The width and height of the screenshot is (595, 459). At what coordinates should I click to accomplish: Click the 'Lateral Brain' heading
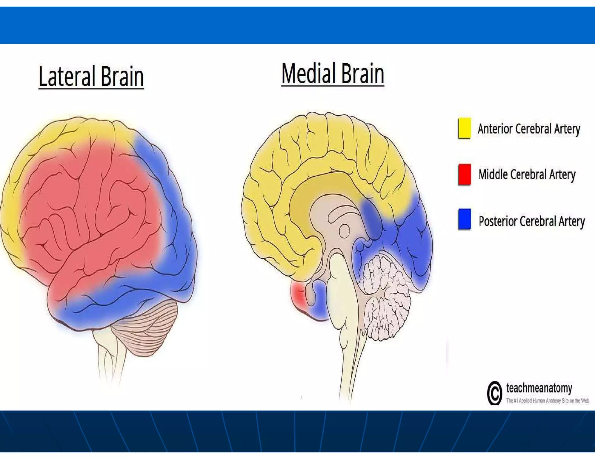pos(91,76)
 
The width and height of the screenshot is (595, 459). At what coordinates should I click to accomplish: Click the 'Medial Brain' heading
pos(333,74)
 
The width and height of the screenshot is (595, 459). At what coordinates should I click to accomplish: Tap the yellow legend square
pos(464,128)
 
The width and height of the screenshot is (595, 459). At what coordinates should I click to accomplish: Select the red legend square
pos(464,174)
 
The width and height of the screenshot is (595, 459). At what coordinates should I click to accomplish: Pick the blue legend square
pos(464,219)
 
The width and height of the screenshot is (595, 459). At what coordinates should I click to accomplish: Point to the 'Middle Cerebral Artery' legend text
pos(527,175)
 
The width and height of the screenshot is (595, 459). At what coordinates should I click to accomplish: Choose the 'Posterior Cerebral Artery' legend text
pos(531,221)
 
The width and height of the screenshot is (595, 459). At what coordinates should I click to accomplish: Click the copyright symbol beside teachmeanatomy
pos(494,393)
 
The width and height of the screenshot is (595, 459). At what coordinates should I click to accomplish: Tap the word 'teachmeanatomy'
pos(539,388)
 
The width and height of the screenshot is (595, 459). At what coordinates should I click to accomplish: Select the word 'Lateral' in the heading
pos(67,76)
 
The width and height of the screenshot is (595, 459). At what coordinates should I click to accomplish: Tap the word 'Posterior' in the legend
pos(497,221)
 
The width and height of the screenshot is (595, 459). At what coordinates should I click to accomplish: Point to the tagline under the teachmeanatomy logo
pos(548,401)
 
